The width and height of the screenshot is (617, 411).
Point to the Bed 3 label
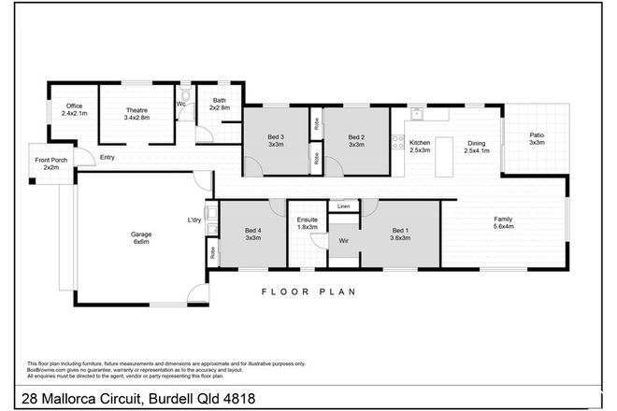point(276,141)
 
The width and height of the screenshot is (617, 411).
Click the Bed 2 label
point(355,141)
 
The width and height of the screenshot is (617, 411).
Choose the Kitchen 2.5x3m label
point(421,147)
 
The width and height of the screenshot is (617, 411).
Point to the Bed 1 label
point(400,234)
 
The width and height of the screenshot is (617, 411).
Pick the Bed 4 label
point(252,234)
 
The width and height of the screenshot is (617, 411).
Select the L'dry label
point(194,220)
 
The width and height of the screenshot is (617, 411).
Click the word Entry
point(108,157)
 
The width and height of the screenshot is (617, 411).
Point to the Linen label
point(344,206)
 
